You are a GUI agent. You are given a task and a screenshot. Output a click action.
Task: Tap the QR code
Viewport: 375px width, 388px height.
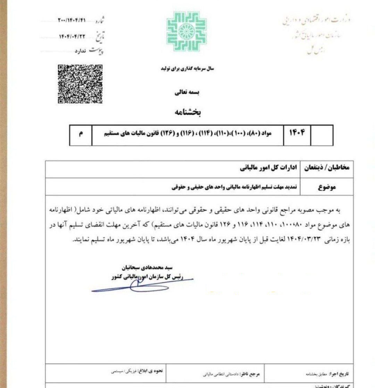tap(80, 84)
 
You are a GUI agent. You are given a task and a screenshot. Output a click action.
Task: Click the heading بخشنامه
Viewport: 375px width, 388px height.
tap(187, 112)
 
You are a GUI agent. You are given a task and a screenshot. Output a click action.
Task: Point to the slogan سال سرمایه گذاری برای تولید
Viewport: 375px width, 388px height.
tap(187, 69)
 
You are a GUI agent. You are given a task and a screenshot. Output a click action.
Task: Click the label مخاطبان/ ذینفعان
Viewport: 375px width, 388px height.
tap(327, 168)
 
